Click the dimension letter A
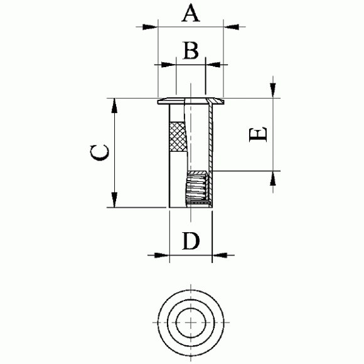click(191, 13)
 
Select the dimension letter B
click(191, 50)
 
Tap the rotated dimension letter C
click(99, 153)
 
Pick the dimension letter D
click(191, 241)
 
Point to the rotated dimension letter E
click(258, 134)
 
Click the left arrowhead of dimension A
click(150, 27)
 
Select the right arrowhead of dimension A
click(231, 27)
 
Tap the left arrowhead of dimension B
click(169, 65)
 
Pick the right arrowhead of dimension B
click(213, 65)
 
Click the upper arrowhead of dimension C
click(114, 105)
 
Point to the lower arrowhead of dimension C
click(114, 200)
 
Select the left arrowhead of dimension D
click(162, 255)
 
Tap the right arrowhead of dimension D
click(220, 255)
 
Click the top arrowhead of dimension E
click(273, 90)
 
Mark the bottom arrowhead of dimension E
click(273, 178)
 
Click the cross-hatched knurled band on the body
click(178, 137)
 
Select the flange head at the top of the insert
click(191, 101)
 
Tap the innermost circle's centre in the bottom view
click(191, 323)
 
